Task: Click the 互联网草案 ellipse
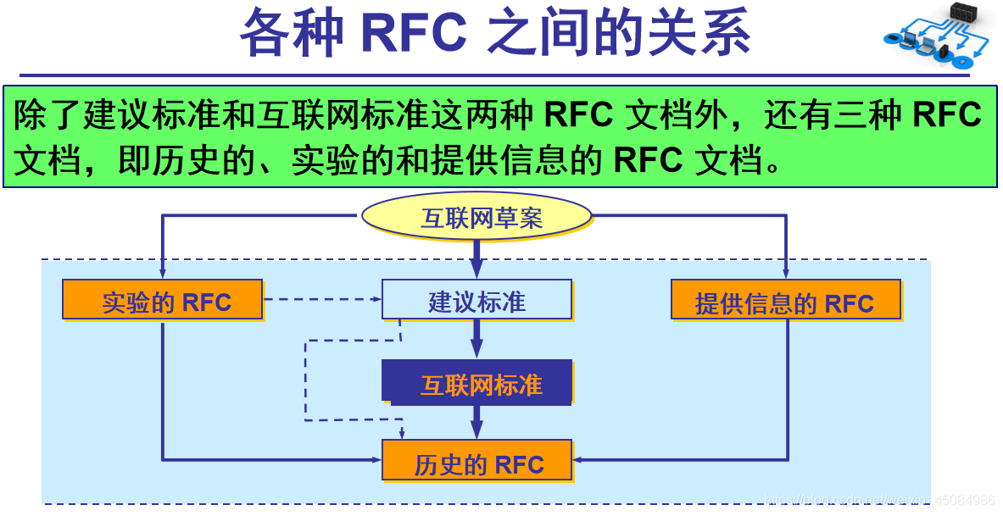[476, 218]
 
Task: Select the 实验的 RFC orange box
[163, 300]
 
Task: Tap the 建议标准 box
[476, 300]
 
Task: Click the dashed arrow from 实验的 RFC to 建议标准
[322, 298]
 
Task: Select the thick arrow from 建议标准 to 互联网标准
[476, 339]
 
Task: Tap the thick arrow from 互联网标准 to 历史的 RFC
[476, 420]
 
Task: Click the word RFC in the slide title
[414, 34]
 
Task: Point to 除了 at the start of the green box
[48, 115]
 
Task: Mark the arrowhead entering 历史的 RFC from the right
[580, 460]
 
